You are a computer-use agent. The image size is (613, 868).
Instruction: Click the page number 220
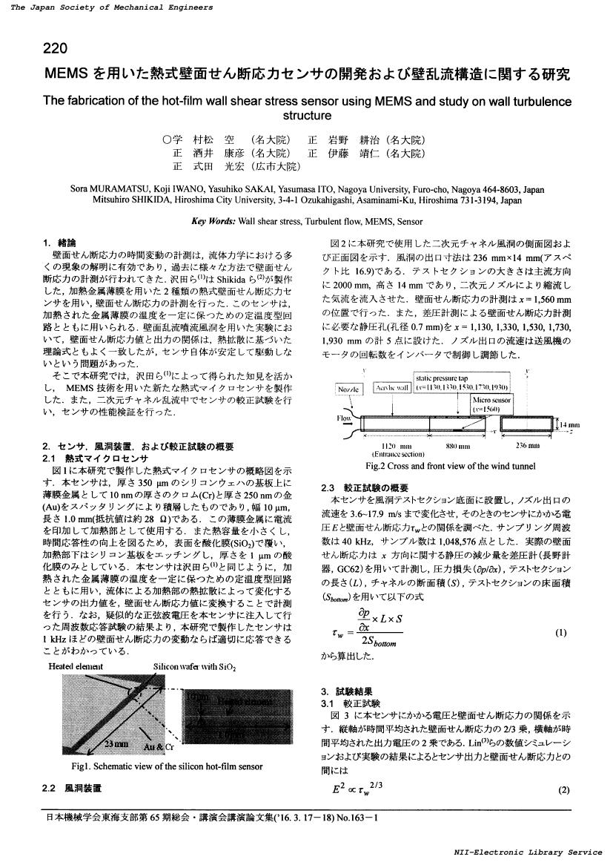click(56, 49)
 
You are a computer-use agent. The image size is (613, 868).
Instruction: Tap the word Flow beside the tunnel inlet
click(345, 418)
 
